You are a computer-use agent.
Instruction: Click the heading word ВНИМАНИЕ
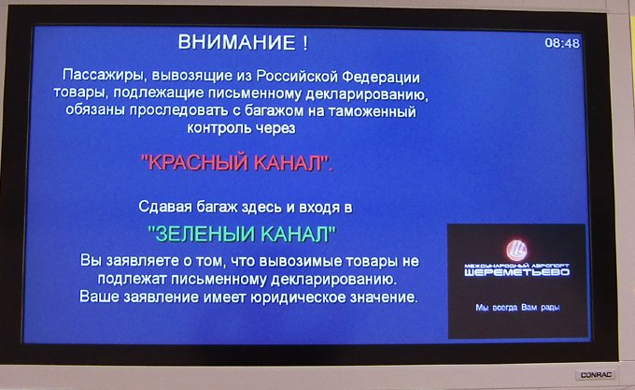tap(237, 42)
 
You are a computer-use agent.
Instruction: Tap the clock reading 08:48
tap(562, 43)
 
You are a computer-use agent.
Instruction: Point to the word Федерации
tap(382, 77)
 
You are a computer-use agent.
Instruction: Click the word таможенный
tap(372, 111)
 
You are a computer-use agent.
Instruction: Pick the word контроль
tap(219, 128)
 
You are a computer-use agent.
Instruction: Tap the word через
tap(275, 128)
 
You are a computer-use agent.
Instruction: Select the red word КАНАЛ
tap(289, 164)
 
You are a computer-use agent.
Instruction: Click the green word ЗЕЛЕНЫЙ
tap(202, 234)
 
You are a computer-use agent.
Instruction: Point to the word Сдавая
tap(165, 207)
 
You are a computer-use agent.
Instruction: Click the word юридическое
tap(298, 297)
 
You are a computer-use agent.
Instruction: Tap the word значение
tap(384, 297)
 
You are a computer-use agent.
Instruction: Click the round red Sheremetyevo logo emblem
tap(516, 250)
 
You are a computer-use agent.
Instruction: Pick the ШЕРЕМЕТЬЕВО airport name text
tap(517, 272)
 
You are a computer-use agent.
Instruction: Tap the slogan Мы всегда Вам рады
tap(517, 308)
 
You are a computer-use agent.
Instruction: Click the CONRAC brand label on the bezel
tap(596, 375)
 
